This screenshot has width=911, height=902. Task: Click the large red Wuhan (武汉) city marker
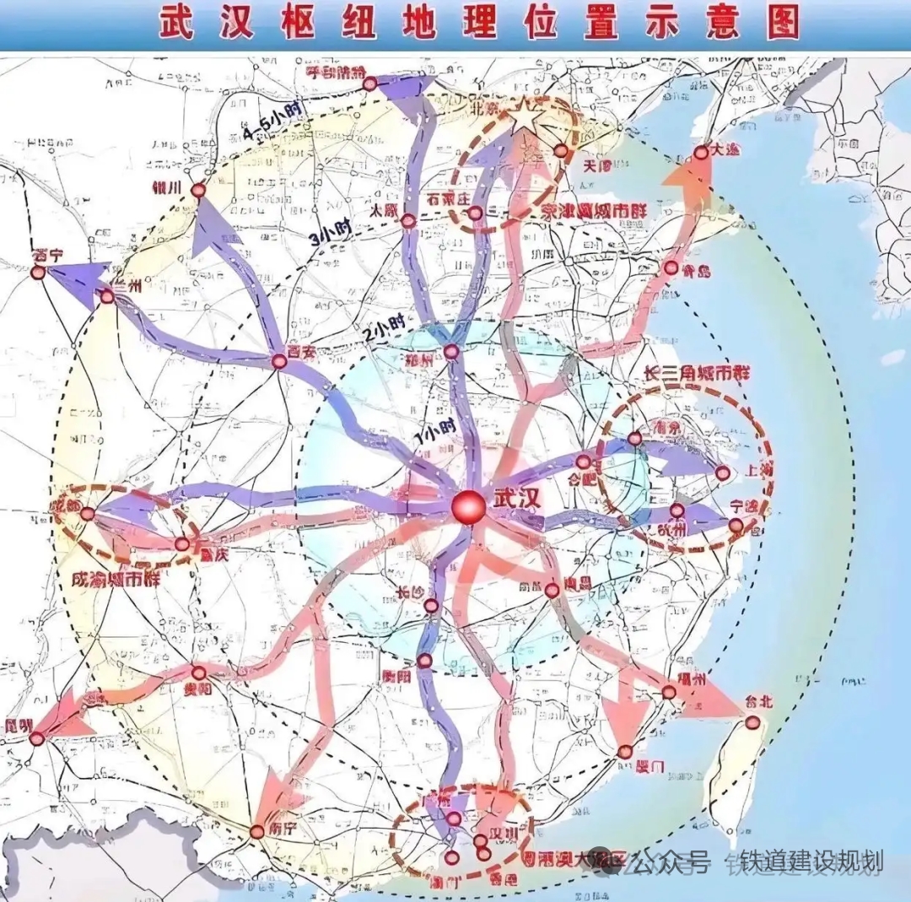click(468, 507)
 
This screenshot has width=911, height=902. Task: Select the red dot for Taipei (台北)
click(752, 721)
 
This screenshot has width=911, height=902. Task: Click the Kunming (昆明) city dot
click(37, 738)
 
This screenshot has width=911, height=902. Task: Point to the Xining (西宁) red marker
click(38, 273)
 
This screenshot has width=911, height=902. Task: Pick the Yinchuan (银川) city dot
click(198, 191)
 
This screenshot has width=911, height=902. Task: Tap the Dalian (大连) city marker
click(702, 153)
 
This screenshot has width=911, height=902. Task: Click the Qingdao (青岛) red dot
click(671, 267)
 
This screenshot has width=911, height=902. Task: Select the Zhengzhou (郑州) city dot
click(452, 351)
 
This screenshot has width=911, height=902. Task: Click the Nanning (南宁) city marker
click(257, 832)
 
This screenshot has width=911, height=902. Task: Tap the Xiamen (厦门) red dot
click(625, 752)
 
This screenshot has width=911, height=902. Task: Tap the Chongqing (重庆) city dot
click(182, 544)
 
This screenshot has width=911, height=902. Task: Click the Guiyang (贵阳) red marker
click(199, 672)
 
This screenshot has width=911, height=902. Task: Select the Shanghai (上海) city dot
click(722, 473)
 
